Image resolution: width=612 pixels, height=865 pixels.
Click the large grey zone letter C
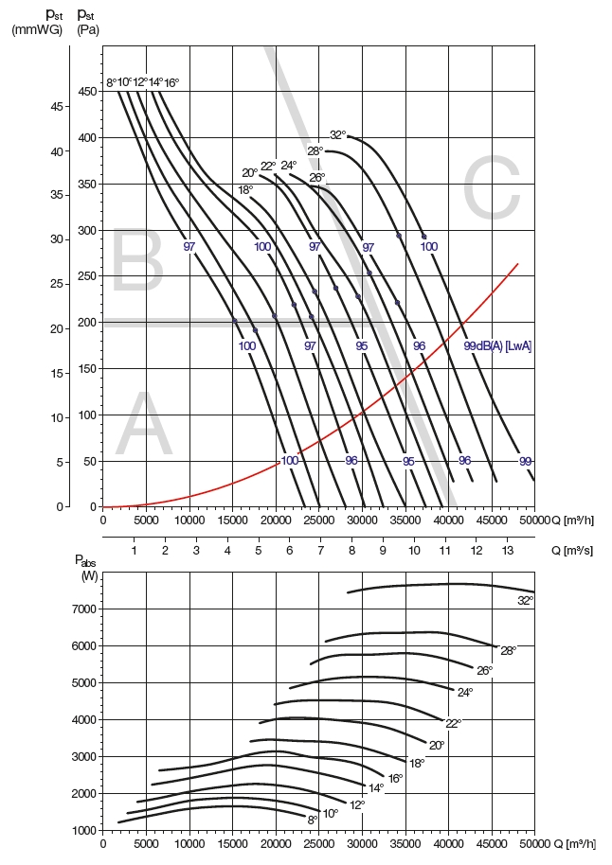[x=491, y=189]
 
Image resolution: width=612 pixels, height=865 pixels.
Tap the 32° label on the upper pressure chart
[x=338, y=134]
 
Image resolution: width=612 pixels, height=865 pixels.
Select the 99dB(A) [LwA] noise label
[x=497, y=346]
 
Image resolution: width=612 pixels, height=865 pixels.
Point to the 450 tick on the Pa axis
[x=86, y=92]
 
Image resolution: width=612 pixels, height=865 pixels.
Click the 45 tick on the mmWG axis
[x=56, y=107]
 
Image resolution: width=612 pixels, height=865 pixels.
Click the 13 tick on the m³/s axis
[x=506, y=550]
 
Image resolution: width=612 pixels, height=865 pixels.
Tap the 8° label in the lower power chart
[x=314, y=820]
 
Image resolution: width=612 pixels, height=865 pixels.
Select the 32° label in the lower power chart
[x=525, y=600]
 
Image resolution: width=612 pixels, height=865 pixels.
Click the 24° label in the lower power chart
[x=464, y=693]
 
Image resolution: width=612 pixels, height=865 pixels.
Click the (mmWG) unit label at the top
[x=37, y=29]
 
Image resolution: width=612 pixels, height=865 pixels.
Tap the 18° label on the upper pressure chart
[x=245, y=190]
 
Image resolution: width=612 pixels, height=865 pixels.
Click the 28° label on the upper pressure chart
[x=315, y=150]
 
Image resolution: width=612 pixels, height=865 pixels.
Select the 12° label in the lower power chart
[x=356, y=805]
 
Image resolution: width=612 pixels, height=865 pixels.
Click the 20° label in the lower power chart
[x=436, y=745]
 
